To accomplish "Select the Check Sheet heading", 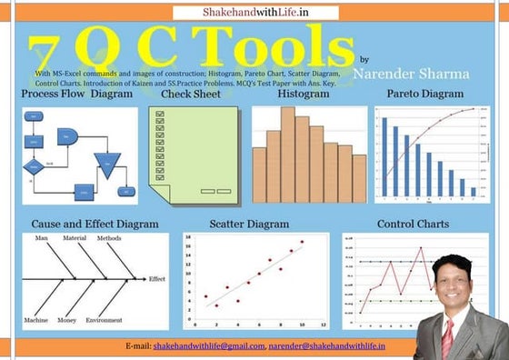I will (190, 95).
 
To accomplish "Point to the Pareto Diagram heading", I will (424, 95).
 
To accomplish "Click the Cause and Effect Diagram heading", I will (95, 224).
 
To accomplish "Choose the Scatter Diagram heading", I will (249, 224).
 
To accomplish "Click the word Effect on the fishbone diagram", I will (157, 279).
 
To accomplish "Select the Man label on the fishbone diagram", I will (42, 238).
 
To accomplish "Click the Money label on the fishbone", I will (66, 320).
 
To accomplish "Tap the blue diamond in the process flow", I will (34, 167).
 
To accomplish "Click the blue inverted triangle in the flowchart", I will (107, 165).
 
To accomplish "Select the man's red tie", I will (447, 335).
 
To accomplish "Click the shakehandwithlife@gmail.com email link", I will (208, 346).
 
